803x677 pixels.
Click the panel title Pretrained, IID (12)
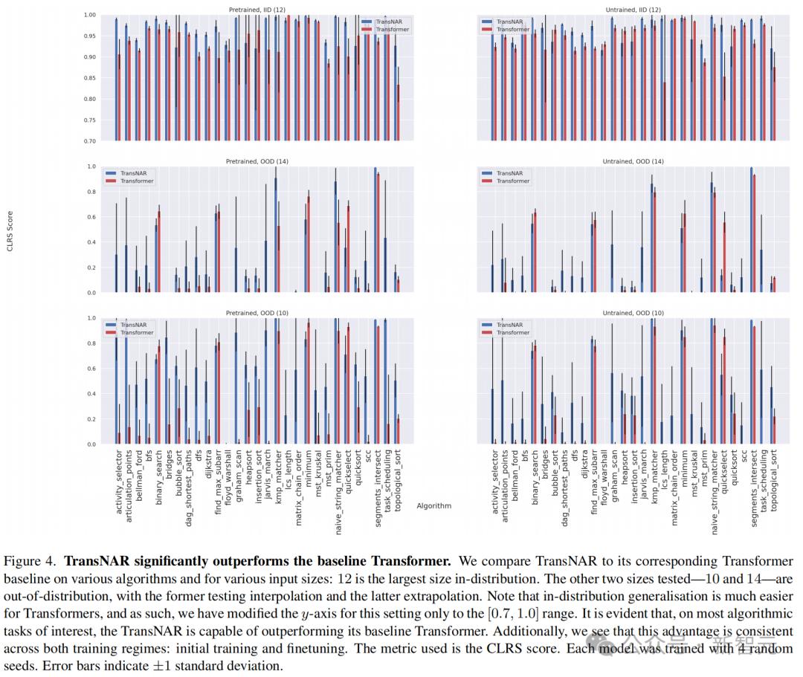point(257,9)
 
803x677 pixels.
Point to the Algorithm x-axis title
point(433,506)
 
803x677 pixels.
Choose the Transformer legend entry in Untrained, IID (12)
point(513,29)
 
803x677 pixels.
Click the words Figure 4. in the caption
point(32,561)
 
